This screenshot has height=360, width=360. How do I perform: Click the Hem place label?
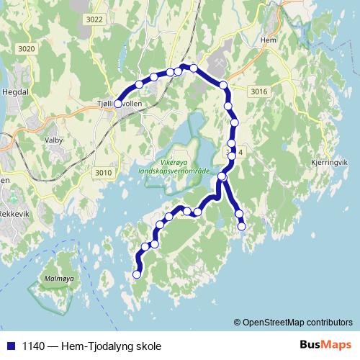click(270, 40)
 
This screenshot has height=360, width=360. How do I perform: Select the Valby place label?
click(54, 140)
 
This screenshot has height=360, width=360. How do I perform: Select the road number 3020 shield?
click(27, 48)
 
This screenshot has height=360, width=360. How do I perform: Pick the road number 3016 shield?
click(260, 91)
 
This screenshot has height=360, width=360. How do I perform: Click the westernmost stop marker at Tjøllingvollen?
click(118, 104)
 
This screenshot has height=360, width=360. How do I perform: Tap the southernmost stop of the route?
click(137, 274)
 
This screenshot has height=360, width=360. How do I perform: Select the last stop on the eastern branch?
click(242, 226)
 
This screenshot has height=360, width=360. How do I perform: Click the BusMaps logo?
click(325, 345)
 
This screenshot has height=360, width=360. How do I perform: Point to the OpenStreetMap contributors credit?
click(293, 322)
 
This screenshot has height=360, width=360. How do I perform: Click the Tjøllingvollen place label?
click(122, 104)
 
